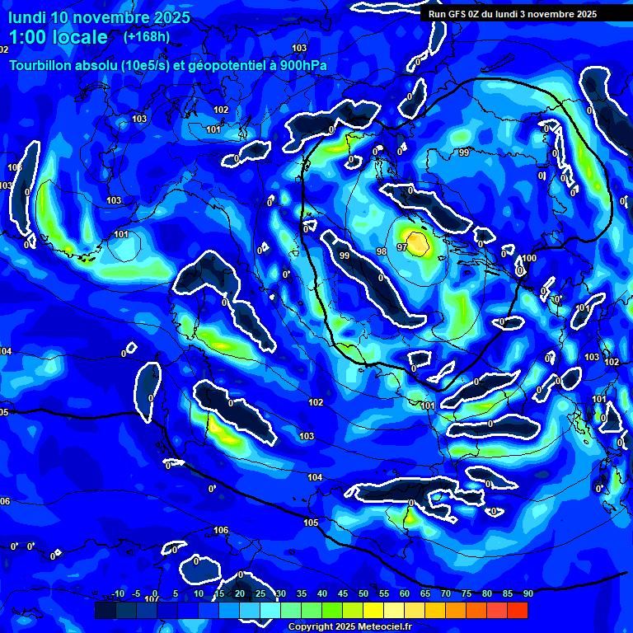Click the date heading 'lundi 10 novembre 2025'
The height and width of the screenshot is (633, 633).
(99, 17)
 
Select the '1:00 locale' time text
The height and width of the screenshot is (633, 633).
(59, 37)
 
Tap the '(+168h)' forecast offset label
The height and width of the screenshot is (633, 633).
(146, 37)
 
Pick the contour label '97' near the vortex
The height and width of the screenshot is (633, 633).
(402, 247)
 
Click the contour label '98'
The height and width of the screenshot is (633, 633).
(381, 251)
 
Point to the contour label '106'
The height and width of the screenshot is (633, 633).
(220, 530)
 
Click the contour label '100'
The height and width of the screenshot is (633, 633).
(529, 259)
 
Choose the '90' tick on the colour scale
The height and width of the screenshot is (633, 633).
(527, 593)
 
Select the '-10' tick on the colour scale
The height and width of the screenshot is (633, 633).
(118, 593)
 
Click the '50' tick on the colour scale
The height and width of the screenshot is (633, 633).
(363, 593)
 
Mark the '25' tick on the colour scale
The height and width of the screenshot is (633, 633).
(260, 593)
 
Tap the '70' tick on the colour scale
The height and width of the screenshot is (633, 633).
(445, 593)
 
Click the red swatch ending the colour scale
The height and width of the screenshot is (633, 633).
(517, 610)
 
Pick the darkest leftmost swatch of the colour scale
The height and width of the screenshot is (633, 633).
(105, 610)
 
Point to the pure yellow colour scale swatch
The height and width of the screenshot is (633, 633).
(373, 610)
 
